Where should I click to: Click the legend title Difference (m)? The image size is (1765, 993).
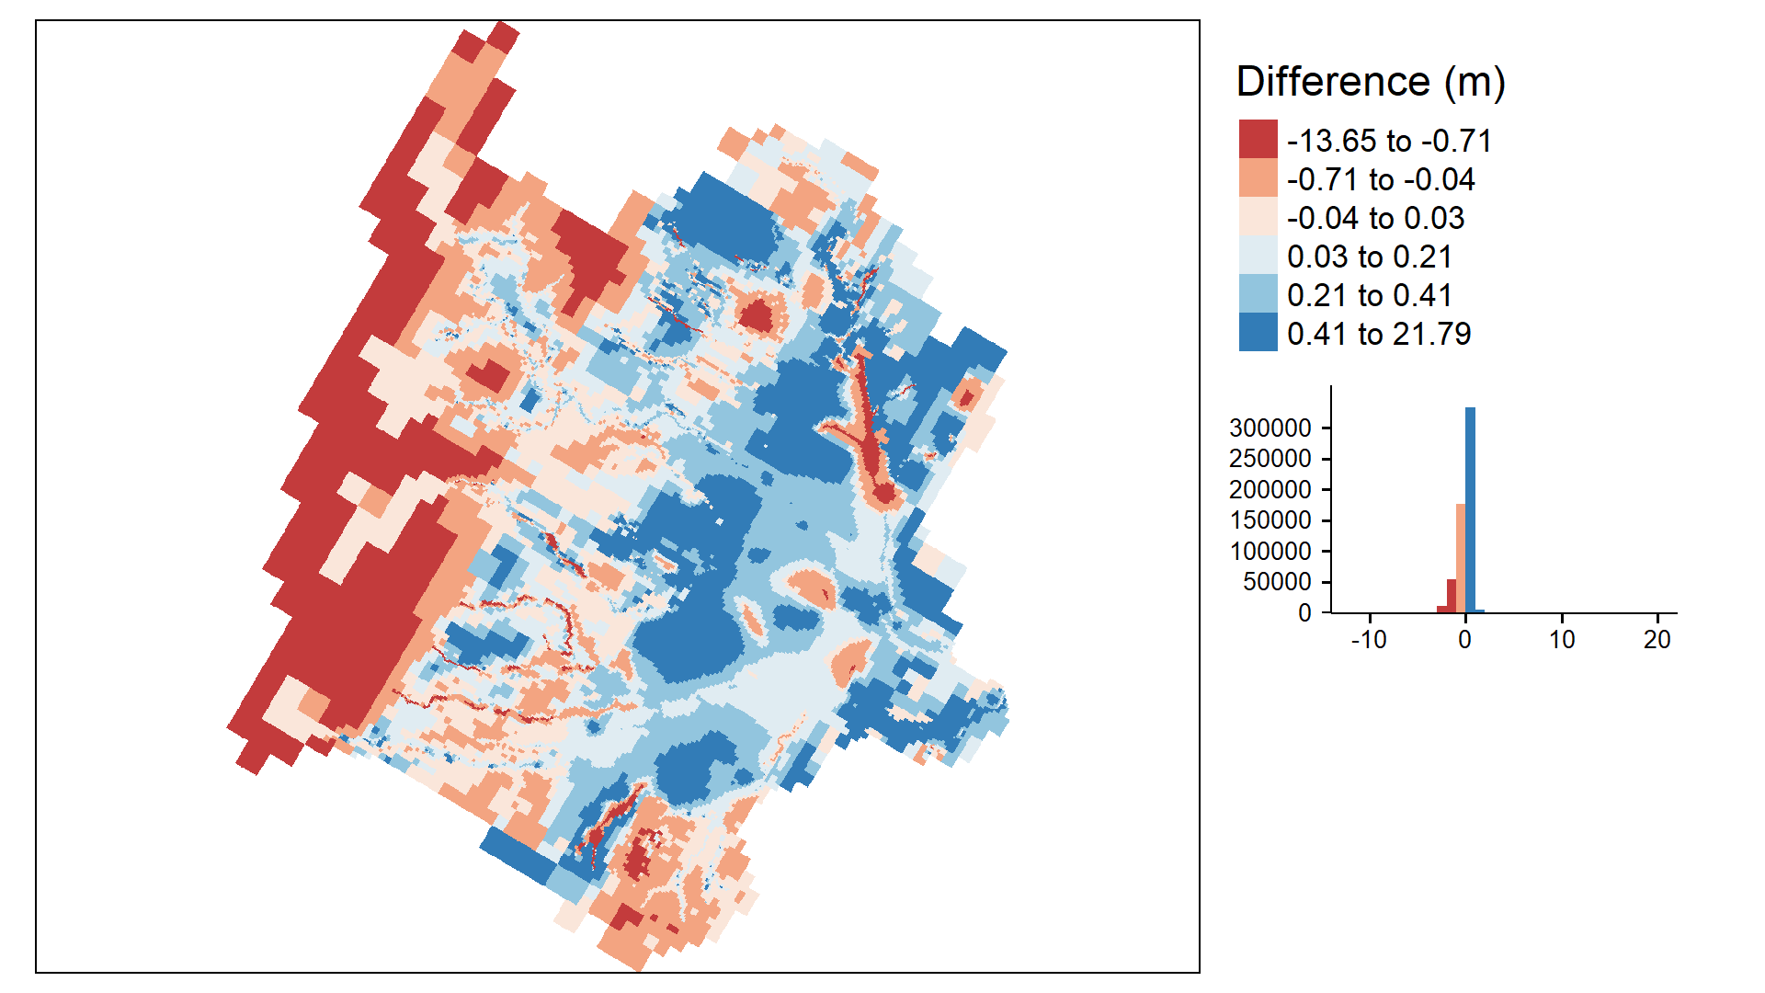1371,82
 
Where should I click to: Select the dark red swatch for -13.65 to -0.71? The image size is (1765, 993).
1258,139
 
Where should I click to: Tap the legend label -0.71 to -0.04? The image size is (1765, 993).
1381,179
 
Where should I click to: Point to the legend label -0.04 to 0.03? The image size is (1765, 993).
1375,218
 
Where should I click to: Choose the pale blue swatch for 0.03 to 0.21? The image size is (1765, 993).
1258,255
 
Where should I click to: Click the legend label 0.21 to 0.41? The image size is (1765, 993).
1370,295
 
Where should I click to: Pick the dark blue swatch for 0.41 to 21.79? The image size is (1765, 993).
1258,332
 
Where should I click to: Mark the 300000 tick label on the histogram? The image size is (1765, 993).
1270,428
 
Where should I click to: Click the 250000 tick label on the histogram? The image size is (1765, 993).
1270,458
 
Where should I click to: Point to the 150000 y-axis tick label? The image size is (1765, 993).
1270,519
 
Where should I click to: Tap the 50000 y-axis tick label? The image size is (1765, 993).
1278,581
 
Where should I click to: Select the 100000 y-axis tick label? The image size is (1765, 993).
1270,551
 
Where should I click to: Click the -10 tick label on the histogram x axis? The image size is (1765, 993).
1369,639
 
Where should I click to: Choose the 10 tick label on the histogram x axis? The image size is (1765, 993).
1562,639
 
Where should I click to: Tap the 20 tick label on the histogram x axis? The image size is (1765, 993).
1657,639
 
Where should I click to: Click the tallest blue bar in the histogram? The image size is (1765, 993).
1470,509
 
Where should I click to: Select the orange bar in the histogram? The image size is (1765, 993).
1461,558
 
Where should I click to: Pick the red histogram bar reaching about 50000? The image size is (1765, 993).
1452,596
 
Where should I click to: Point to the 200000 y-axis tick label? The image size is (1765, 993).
1270,489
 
